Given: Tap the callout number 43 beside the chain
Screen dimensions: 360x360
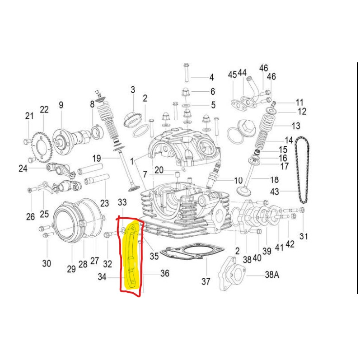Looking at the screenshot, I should (x=275, y=192).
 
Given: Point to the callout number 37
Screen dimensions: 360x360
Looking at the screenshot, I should (x=206, y=281).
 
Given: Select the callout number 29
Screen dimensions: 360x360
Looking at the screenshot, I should (x=71, y=269).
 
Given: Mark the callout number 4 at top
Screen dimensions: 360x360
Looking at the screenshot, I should (x=211, y=77).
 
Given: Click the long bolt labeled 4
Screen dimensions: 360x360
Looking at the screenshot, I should (x=186, y=72).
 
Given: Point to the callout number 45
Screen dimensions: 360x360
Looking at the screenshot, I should (x=232, y=75).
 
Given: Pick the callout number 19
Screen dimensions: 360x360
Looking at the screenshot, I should (x=96, y=158).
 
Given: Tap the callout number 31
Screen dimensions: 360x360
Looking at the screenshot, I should (x=304, y=236).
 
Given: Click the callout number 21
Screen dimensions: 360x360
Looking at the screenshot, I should (x=29, y=116).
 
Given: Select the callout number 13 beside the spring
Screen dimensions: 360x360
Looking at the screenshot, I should (x=296, y=126).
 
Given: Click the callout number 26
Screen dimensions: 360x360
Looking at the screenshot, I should (x=30, y=217).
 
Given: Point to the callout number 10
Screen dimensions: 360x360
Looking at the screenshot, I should (x=238, y=181).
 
